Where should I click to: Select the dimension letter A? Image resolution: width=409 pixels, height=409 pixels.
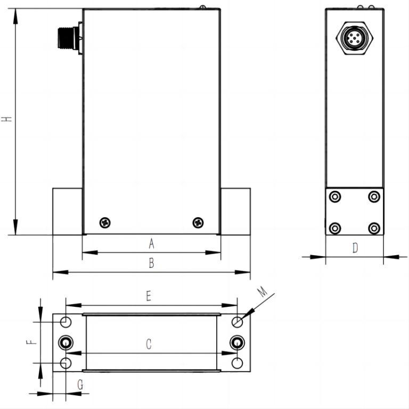coord(151,244)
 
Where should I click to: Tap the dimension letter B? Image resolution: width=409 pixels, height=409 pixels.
coord(151,264)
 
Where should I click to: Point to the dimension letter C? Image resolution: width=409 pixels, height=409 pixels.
coord(149,345)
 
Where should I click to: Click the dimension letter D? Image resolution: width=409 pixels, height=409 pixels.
coord(355,248)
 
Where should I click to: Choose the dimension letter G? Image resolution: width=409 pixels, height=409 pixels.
coord(80,383)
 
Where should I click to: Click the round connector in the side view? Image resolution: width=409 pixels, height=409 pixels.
coord(354,39)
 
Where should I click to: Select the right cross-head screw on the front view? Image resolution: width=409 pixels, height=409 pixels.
coord(198,221)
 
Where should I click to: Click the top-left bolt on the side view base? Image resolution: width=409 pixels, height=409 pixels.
coord(334,197)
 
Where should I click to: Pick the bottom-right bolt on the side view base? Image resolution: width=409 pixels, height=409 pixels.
coord(374,228)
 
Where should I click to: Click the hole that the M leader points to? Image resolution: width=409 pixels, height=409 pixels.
coord(238,322)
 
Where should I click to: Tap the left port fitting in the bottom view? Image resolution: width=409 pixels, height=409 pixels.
coord(66,342)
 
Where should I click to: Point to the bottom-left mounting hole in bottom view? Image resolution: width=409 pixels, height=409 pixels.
coord(66,363)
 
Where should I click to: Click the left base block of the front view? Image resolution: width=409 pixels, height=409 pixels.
coord(67,211)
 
